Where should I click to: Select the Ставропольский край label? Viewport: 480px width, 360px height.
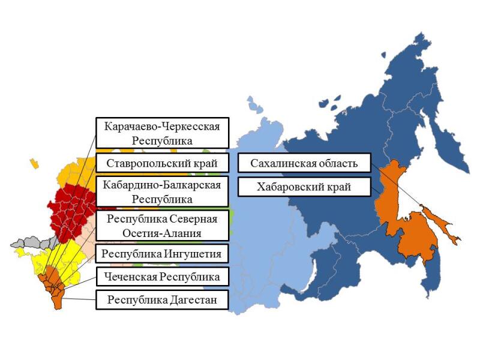(x=162, y=163)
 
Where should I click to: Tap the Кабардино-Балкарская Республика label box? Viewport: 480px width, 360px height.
(x=162, y=191)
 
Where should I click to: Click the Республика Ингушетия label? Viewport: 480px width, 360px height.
(x=162, y=254)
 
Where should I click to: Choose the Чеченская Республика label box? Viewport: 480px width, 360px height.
(x=162, y=277)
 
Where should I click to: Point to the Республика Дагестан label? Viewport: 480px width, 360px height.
(x=162, y=299)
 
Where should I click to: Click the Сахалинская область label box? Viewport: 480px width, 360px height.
(x=304, y=163)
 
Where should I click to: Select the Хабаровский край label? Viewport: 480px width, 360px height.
(x=304, y=187)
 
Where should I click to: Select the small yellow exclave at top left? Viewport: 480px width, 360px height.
(x=34, y=163)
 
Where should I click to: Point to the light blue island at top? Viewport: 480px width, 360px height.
(x=255, y=107)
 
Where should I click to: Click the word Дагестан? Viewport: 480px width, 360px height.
(x=190, y=299)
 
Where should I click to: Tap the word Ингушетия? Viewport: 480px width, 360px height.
(x=193, y=254)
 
